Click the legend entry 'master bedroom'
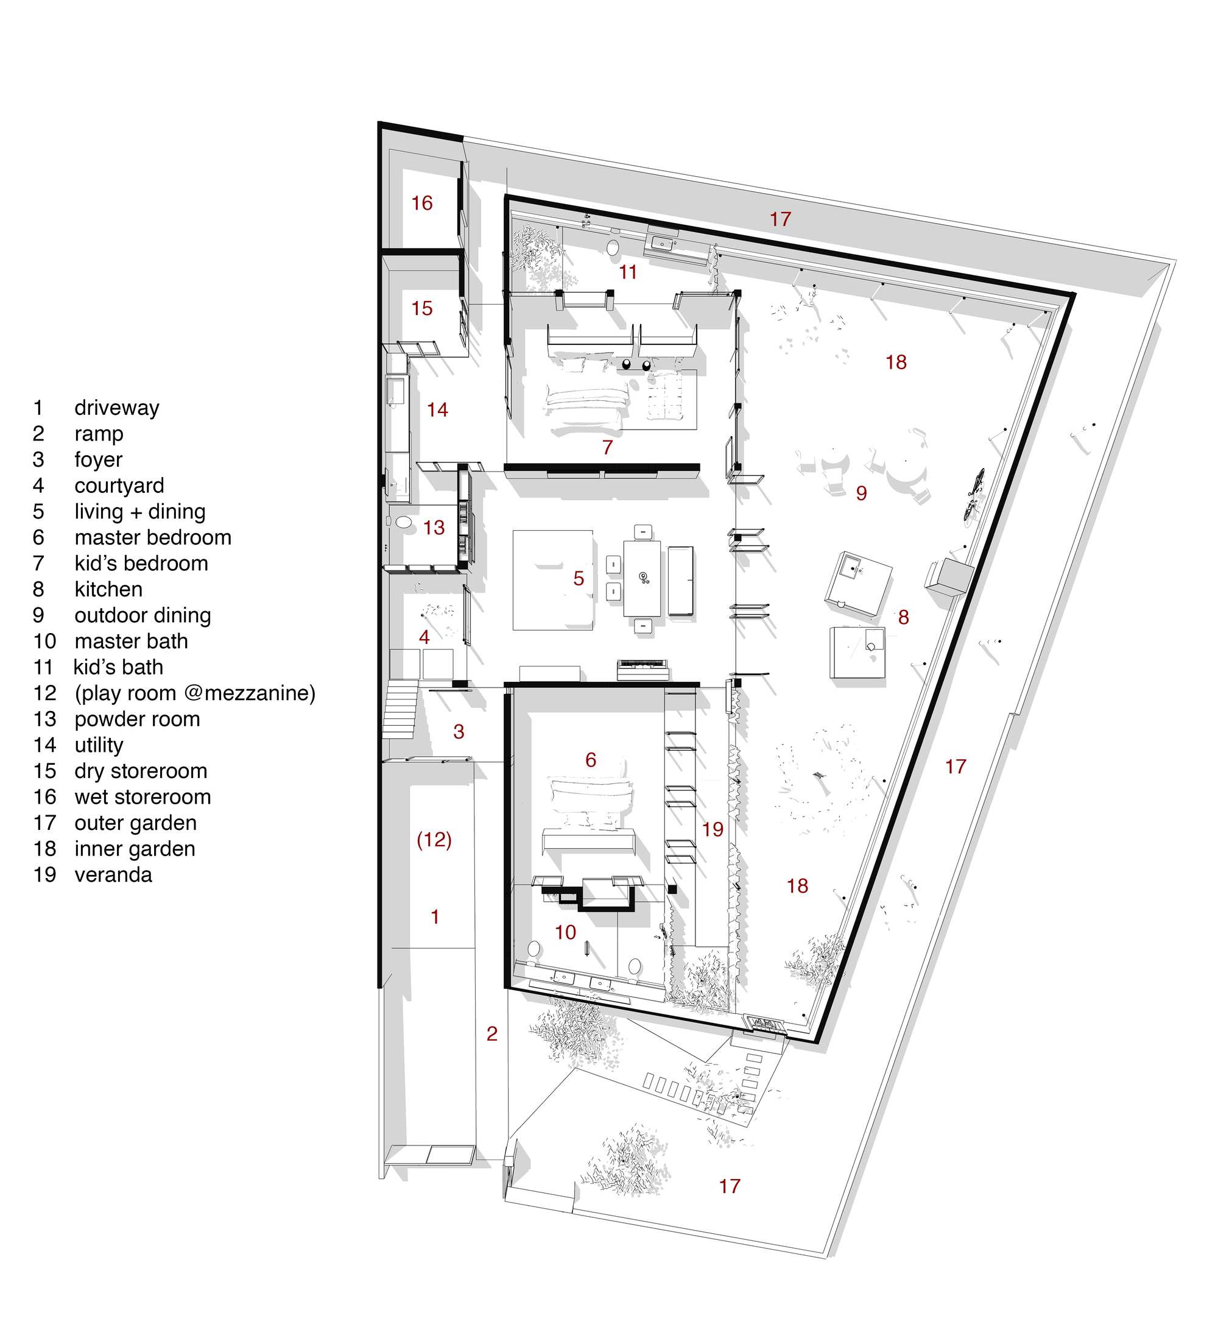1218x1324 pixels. [153, 538]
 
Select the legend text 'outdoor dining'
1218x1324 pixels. [143, 616]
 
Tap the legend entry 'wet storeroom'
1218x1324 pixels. [143, 797]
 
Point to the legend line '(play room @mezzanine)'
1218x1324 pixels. [195, 693]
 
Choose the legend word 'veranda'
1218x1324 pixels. [113, 875]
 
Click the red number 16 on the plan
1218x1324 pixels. [422, 203]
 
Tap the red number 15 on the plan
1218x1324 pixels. [422, 308]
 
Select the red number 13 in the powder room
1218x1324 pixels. [434, 528]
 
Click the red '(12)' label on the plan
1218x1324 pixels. [434, 840]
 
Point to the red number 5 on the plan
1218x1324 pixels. [579, 579]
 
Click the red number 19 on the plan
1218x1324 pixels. [713, 829]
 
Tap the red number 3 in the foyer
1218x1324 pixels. [459, 732]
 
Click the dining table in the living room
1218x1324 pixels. [642, 578]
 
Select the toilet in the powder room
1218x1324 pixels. [403, 523]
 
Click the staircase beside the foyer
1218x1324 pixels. [400, 710]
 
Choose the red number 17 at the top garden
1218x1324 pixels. [780, 219]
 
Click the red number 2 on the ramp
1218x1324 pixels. [491, 1034]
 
